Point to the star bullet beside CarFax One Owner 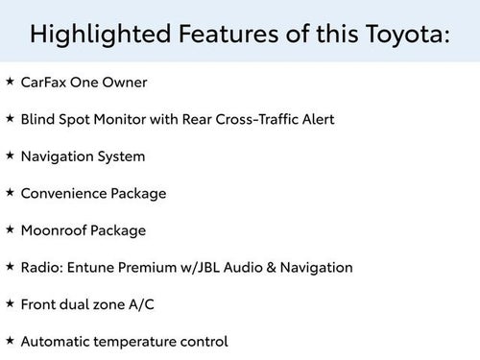click(x=10, y=82)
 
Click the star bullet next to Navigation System click(x=10, y=155)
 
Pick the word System click(x=121, y=156)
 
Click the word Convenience click(x=64, y=193)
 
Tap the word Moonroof click(x=55, y=230)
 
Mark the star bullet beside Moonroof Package click(x=10, y=229)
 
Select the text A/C click(x=144, y=304)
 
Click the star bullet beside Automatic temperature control click(x=10, y=340)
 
